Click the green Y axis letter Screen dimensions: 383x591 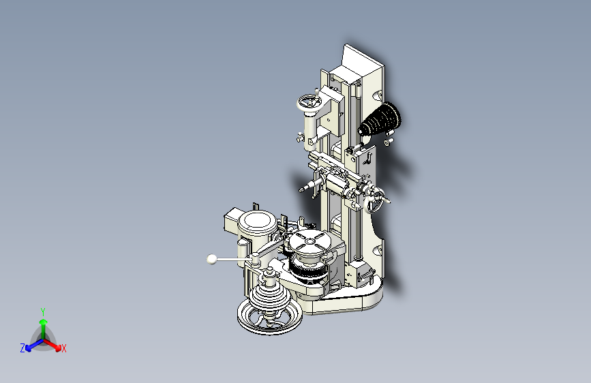click(43, 311)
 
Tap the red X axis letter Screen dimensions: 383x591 click(64, 349)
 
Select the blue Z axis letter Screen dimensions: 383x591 click(22, 348)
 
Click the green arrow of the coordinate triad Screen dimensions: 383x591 click(43, 324)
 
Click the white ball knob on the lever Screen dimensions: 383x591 click(212, 259)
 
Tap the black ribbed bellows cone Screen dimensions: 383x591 click(382, 120)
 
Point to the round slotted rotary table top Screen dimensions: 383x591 click(309, 241)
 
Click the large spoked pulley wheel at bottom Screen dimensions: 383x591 click(269, 317)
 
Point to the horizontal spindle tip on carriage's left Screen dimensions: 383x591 click(304, 188)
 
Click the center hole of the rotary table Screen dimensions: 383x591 click(310, 240)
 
